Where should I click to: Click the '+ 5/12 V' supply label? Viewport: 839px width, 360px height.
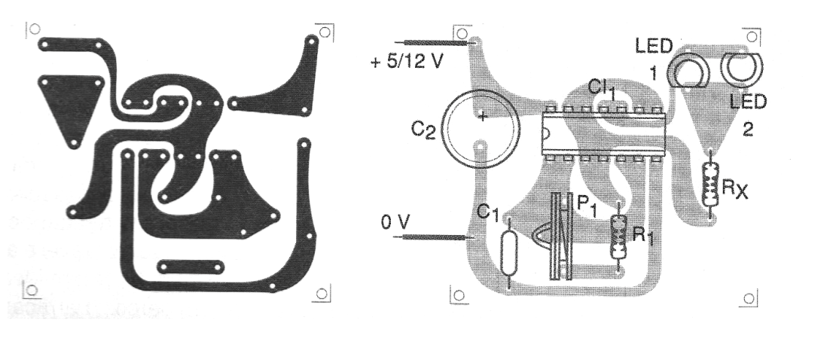tap(407, 62)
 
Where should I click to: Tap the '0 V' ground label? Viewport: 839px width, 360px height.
tap(394, 221)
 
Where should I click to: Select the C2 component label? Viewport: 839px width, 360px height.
tap(423, 130)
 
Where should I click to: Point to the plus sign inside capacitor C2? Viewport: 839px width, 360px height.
tap(482, 116)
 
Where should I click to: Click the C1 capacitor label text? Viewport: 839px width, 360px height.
tap(487, 213)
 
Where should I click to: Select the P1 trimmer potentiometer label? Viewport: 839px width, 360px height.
tap(586, 206)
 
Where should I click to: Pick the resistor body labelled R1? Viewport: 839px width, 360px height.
tap(619, 236)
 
